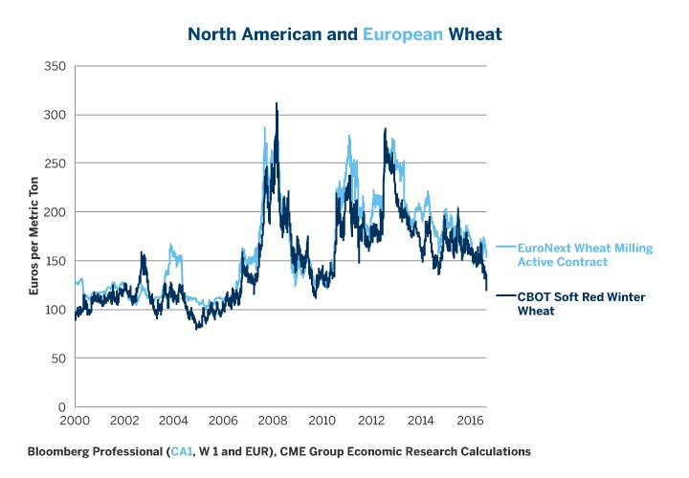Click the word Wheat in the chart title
[475, 34]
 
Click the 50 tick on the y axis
[56, 358]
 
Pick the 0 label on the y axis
[60, 407]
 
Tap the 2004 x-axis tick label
[172, 422]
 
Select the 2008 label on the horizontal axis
[271, 422]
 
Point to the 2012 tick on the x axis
[369, 422]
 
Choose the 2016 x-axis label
[468, 422]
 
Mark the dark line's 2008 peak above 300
[277, 104]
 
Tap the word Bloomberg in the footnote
[59, 450]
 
